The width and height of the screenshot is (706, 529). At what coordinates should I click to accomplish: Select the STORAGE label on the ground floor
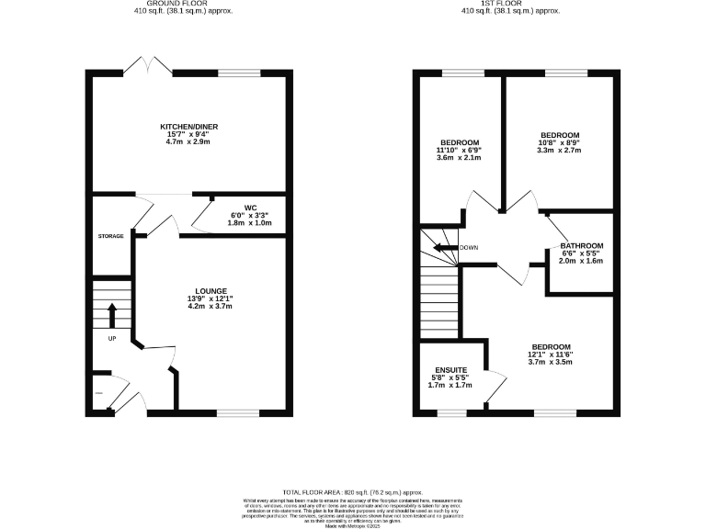pos(110,237)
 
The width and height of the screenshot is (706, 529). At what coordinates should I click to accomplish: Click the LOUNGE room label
pos(212,291)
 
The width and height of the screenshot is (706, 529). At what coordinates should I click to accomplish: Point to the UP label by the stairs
pos(112,338)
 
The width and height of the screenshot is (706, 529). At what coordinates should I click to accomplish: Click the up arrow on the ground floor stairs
pos(112,316)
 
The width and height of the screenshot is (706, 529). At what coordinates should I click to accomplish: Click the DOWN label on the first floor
pos(469,247)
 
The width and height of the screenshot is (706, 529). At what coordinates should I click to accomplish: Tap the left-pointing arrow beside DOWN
pos(447,247)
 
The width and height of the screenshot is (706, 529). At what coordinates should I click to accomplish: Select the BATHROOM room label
pos(581,245)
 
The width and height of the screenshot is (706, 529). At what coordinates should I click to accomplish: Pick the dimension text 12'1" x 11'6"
pos(550,355)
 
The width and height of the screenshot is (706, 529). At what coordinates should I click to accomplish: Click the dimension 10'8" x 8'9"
pos(561,142)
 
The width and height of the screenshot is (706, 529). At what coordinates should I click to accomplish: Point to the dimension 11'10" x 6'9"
pos(459,150)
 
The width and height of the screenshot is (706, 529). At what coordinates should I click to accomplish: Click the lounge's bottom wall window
pos(234,412)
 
